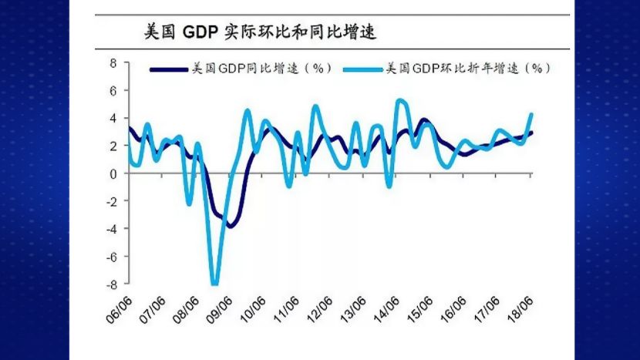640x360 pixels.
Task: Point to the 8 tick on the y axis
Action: click(x=113, y=62)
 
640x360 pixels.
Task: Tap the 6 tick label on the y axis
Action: click(x=113, y=90)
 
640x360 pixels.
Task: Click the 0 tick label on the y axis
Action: click(x=113, y=173)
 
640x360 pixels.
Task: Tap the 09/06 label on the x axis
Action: click(x=218, y=309)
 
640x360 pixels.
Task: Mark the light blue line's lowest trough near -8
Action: click(x=214, y=283)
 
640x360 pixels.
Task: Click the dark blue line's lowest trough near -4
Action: click(x=229, y=225)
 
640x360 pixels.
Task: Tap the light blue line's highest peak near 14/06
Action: click(x=399, y=100)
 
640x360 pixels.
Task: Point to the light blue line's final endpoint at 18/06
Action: click(x=531, y=114)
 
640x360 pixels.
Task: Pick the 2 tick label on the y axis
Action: click(x=113, y=146)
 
